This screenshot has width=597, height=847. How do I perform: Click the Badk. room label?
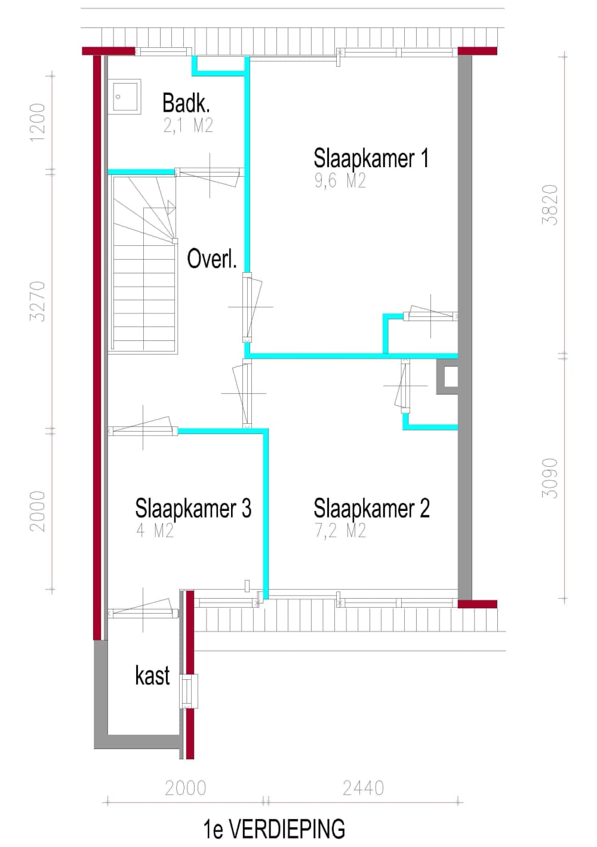(x=186, y=103)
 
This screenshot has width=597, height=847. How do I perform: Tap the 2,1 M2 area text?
(x=188, y=125)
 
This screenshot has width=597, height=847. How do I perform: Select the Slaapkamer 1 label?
(x=371, y=158)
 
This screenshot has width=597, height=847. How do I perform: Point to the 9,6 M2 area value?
(x=340, y=181)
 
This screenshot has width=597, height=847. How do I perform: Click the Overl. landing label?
(x=212, y=258)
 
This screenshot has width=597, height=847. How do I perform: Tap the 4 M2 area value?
(x=155, y=531)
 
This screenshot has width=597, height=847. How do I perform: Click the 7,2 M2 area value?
(x=340, y=531)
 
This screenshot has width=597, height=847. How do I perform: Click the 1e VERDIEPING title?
(x=274, y=829)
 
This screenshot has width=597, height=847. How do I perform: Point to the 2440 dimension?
(x=364, y=789)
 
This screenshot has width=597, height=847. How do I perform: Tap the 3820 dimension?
(x=550, y=205)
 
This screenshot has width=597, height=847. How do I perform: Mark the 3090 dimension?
(x=550, y=478)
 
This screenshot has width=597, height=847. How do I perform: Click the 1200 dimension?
(x=38, y=123)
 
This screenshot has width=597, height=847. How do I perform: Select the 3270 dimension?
(x=38, y=301)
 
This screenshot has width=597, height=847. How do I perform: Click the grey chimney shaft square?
(x=447, y=377)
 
